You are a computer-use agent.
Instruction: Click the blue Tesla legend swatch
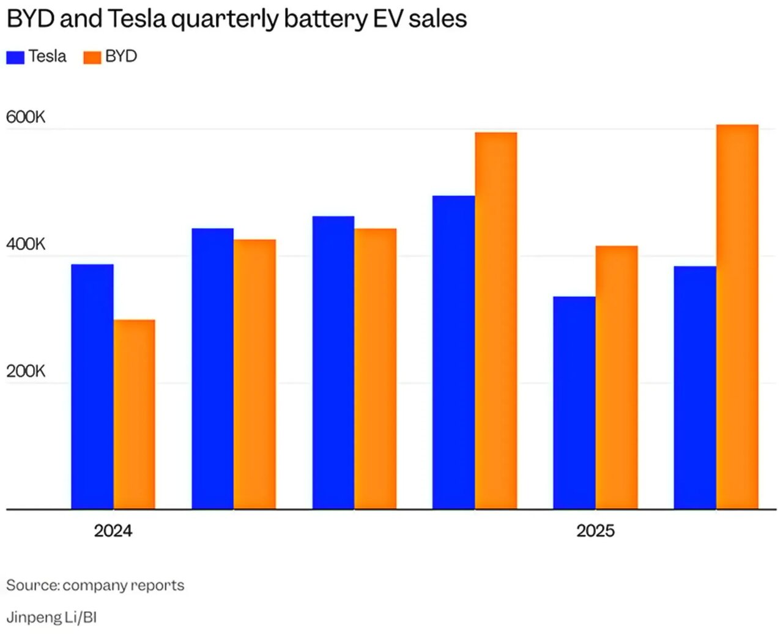15,57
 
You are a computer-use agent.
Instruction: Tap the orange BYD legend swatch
92,57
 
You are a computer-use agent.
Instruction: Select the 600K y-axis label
26,117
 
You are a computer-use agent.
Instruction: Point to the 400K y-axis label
26,244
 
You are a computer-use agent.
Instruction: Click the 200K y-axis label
26,371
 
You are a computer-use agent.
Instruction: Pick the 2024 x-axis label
113,531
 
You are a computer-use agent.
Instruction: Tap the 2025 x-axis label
595,531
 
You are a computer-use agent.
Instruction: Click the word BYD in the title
31,19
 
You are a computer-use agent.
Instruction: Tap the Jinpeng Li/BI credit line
51,617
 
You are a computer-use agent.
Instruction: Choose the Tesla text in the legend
47,56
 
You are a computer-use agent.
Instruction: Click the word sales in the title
437,19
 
